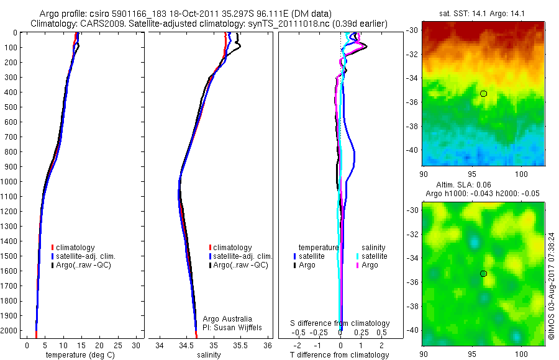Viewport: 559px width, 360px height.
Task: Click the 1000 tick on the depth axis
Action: (x=10, y=182)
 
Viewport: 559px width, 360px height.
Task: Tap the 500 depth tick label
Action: (x=10, y=107)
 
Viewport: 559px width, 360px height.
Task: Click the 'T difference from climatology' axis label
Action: (x=340, y=355)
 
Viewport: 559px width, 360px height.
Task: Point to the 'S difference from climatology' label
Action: (x=340, y=323)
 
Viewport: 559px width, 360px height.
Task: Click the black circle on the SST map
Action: (x=483, y=94)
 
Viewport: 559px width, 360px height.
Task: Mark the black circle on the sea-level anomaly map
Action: (x=483, y=274)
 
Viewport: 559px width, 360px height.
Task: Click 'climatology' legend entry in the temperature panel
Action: (x=77, y=248)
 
